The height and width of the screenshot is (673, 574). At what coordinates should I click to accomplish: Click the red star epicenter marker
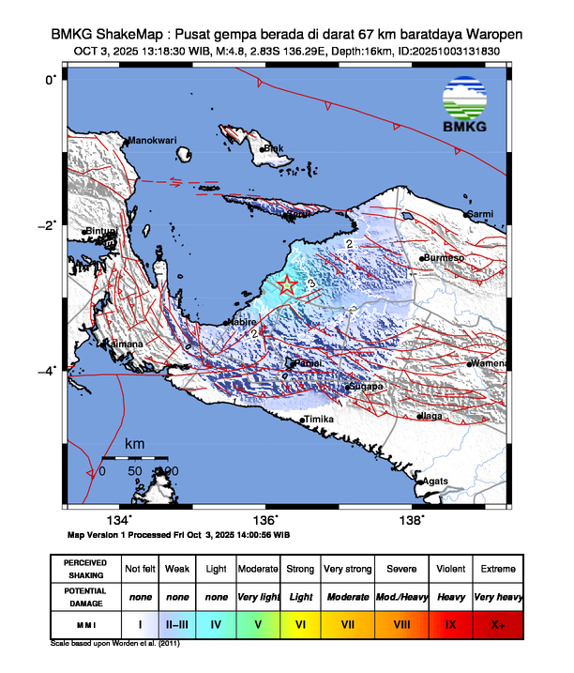288,285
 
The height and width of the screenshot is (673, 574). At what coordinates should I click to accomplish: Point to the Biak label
272,148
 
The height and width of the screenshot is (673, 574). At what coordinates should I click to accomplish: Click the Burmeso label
445,257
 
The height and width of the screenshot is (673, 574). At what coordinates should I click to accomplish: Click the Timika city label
320,421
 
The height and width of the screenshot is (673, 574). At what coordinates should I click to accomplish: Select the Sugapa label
366,386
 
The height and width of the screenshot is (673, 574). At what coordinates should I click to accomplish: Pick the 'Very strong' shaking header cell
347,569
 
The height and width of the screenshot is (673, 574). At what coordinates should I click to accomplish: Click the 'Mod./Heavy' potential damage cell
400,596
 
